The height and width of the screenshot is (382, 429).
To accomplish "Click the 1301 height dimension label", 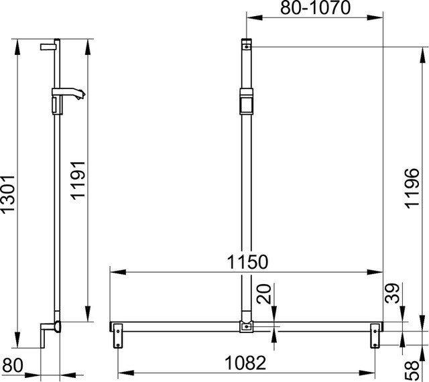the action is [x=7, y=194].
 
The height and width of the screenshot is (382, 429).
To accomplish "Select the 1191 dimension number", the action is [x=78, y=180].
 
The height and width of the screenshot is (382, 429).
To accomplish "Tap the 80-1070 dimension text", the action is [x=316, y=8].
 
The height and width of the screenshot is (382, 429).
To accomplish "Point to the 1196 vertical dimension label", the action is [x=412, y=188].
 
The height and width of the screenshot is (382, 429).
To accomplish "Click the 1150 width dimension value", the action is [x=247, y=262].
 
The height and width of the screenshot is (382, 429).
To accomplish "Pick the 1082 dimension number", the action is [x=245, y=363].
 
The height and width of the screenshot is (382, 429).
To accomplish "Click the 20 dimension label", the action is [x=264, y=294].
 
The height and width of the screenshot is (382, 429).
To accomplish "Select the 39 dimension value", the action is [x=392, y=293].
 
